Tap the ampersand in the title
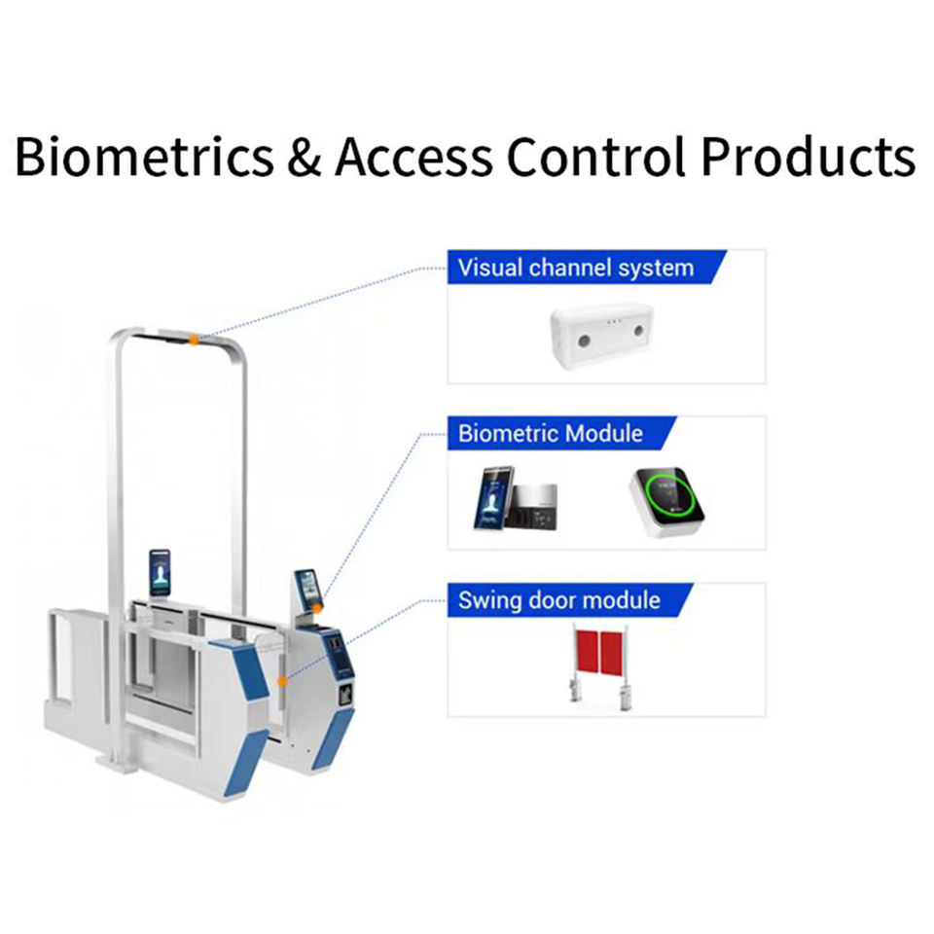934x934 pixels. click(304, 157)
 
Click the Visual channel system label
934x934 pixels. click(576, 268)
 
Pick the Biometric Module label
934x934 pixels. click(551, 433)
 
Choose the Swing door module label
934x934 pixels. click(559, 600)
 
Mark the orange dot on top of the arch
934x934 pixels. click(195, 339)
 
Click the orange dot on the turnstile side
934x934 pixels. click(281, 681)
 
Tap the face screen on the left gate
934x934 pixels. click(159, 572)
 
